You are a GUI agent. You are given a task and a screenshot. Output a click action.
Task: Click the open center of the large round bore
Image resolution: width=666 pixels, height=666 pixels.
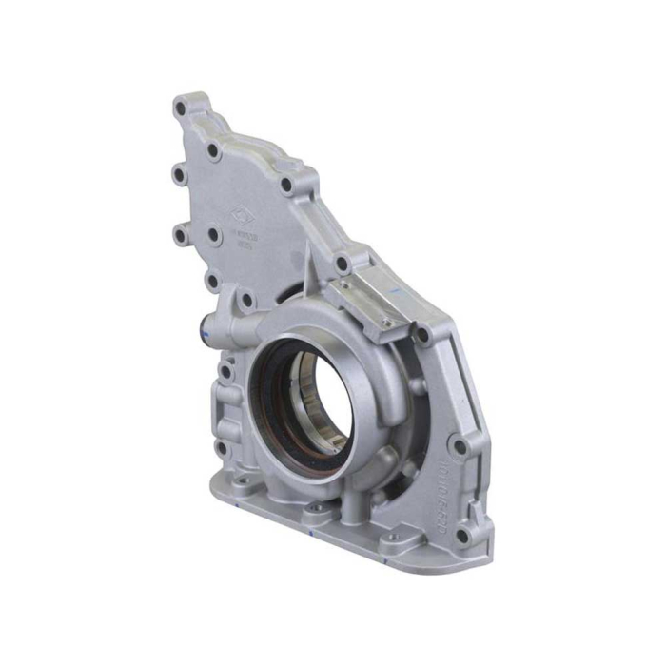319,401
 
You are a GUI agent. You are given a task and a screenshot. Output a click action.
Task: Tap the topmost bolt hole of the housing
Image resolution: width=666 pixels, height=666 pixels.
181,108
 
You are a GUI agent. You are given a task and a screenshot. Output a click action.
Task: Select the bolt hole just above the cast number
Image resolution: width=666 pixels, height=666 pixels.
460,445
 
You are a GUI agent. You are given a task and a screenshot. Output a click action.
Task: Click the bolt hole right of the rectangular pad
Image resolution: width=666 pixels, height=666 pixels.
422,335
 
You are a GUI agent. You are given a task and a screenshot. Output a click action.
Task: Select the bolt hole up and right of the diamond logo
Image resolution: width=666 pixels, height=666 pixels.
286,186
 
